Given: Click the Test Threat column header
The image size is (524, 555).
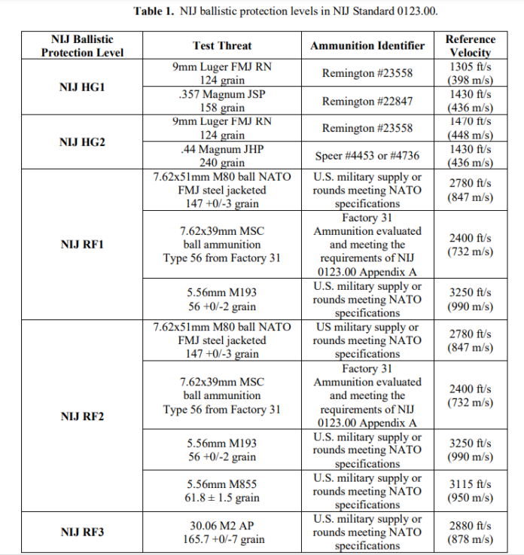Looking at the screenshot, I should [x=222, y=45].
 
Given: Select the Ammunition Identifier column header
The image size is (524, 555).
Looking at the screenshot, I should [x=367, y=45].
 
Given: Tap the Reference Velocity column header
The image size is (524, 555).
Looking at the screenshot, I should [x=471, y=45].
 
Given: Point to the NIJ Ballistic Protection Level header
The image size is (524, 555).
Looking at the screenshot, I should [x=82, y=45].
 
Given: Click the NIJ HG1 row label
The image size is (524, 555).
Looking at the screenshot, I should [x=82, y=87].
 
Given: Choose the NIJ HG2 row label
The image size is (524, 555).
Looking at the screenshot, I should [x=82, y=142].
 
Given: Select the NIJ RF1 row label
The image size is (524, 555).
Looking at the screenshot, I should [x=82, y=244].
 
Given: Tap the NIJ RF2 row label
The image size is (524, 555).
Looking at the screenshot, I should [x=82, y=416].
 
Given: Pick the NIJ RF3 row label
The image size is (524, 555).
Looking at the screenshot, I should [x=82, y=532].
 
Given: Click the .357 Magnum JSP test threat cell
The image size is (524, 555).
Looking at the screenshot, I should [x=222, y=101].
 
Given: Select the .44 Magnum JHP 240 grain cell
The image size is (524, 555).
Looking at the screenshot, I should [x=222, y=155].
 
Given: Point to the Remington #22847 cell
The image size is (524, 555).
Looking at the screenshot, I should [x=367, y=101].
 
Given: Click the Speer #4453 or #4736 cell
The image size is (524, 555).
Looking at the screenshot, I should [x=367, y=155].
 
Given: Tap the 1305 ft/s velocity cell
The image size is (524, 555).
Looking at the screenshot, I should [x=471, y=74].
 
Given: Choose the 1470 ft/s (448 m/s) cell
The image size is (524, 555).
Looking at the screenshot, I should [x=471, y=128].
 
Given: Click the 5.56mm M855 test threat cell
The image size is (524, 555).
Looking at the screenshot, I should [x=222, y=491].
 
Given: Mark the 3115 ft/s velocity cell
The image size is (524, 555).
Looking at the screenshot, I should [x=471, y=491].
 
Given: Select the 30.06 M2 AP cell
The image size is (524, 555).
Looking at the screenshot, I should [x=222, y=532].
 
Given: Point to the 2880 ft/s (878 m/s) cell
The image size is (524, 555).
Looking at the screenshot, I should [x=471, y=532].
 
